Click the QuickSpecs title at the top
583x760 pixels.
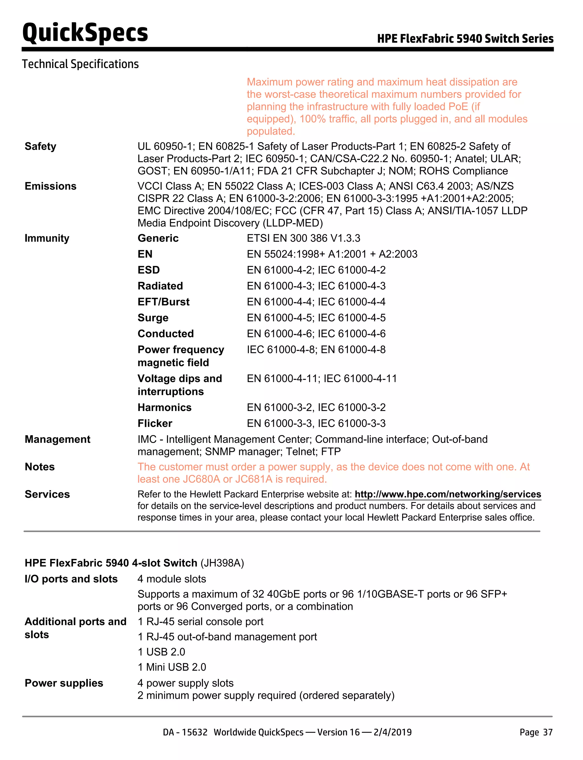click(85, 33)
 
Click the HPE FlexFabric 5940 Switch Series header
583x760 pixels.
click(465, 38)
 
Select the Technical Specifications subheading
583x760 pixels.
click(80, 64)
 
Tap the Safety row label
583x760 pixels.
click(40, 146)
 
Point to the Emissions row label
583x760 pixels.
click(50, 186)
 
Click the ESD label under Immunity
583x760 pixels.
click(149, 270)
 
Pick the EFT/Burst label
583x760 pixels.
click(163, 302)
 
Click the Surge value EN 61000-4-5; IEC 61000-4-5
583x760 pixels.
click(316, 318)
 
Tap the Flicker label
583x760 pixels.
click(155, 423)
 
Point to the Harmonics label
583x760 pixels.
click(165, 407)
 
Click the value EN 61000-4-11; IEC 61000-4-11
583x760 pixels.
click(322, 379)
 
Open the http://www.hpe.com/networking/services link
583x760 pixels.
click(448, 494)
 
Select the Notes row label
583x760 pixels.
click(40, 467)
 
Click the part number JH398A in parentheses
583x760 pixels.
click(222, 563)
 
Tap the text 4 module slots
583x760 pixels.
click(172, 579)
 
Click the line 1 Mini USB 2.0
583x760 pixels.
click(172, 667)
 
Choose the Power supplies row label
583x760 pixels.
click(64, 683)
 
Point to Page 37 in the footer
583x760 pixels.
click(535, 732)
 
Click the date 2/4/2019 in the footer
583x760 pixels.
click(393, 732)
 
